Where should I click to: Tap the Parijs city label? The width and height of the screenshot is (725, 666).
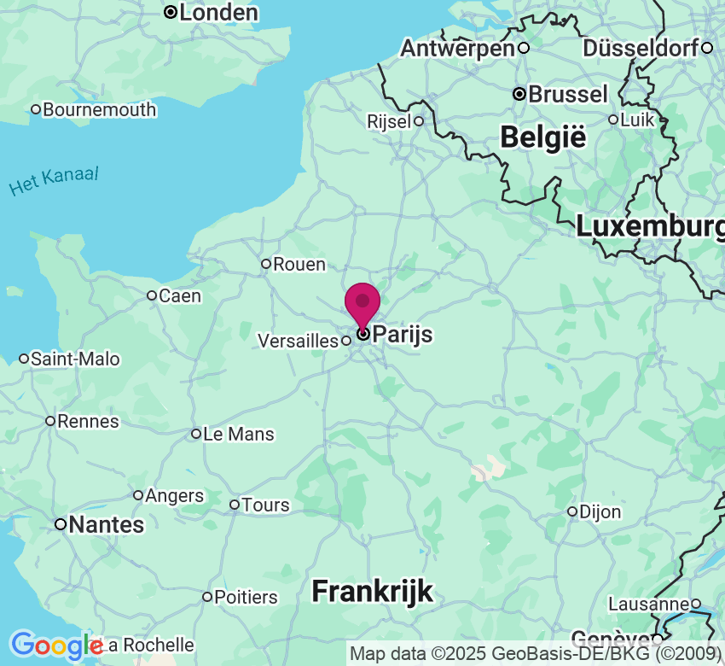tap(403, 335)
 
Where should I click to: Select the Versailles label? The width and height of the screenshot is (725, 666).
tap(298, 341)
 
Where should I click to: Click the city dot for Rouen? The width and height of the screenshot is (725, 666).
tap(266, 264)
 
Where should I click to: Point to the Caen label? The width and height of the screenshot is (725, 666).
tap(180, 296)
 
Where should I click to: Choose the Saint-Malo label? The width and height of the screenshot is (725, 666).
tap(75, 359)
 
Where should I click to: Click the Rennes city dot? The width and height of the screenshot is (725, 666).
tap(51, 421)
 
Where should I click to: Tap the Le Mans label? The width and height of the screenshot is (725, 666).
tap(239, 435)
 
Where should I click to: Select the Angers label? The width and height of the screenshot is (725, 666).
tap(175, 496)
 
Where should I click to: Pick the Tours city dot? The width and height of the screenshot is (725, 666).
tap(235, 505)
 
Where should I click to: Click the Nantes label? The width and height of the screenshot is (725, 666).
tap(106, 525)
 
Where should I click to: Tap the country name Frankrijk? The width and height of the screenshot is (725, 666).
tap(372, 591)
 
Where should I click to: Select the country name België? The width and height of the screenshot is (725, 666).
tap(543, 137)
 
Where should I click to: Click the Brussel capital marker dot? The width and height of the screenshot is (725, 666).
tap(519, 94)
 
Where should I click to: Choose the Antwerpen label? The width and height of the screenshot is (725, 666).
tap(457, 49)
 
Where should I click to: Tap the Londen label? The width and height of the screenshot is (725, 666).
tap(218, 13)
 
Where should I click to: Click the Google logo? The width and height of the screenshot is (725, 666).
tap(55, 646)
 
